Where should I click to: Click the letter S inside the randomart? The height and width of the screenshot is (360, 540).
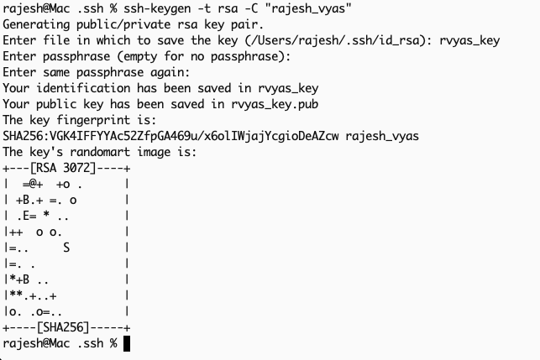click(66, 248)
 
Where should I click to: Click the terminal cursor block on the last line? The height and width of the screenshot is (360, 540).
click(126, 343)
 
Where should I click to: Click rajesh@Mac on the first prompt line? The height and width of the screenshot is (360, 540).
click(34, 9)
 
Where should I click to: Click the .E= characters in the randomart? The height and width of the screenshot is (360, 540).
click(28, 216)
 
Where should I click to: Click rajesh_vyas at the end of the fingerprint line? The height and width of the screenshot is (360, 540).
click(381, 136)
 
